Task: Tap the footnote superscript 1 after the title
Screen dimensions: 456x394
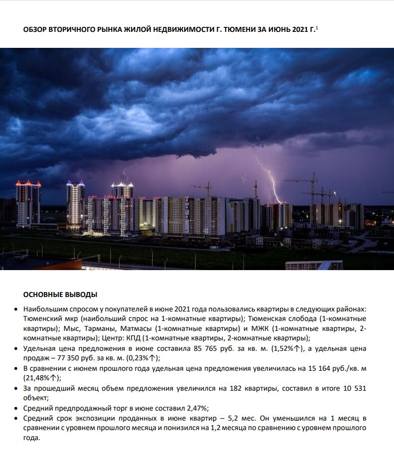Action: (x=317, y=28)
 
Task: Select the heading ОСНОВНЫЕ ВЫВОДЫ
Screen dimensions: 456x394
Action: (x=60, y=294)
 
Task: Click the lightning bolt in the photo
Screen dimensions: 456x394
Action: (x=269, y=179)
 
